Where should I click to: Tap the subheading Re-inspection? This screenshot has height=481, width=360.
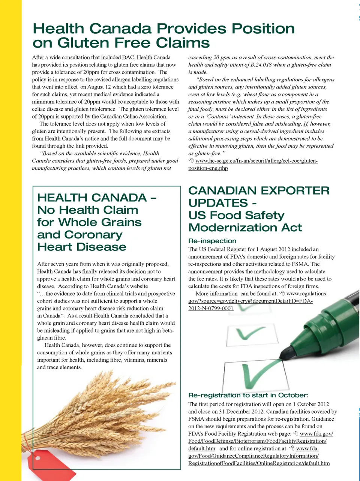pyautogui.click(x=212, y=241)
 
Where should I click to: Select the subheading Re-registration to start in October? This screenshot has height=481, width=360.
pyautogui.click(x=248, y=395)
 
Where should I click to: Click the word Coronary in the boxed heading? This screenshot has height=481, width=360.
pyautogui.click(x=93, y=235)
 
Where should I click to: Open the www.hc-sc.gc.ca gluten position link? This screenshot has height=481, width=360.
pyautogui.click(x=256, y=161)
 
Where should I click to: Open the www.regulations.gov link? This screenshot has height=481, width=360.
pyautogui.click(x=306, y=294)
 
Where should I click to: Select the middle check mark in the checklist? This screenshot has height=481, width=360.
pyautogui.click(x=252, y=332)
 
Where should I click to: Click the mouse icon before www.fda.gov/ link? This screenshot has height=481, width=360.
pyautogui.click(x=295, y=434)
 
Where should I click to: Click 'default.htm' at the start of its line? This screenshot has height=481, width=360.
pyautogui.click(x=202, y=448)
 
